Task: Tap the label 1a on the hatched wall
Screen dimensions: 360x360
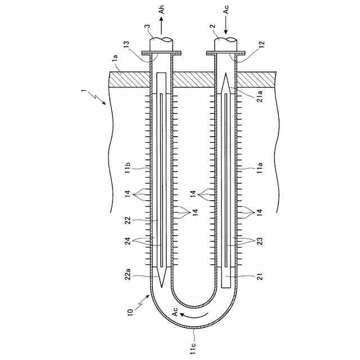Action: (114, 58)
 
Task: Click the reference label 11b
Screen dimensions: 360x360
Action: (129, 168)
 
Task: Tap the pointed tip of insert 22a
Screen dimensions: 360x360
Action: (161, 283)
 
